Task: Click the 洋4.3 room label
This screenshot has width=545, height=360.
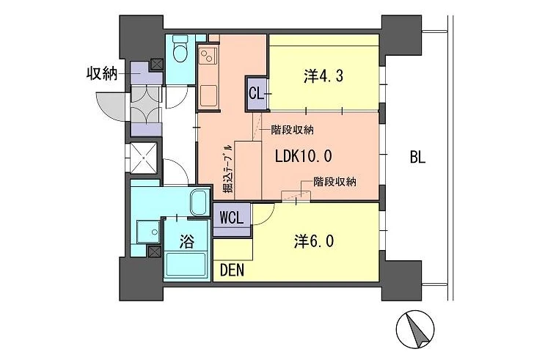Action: tap(323, 76)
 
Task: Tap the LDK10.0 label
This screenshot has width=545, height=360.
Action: tap(304, 156)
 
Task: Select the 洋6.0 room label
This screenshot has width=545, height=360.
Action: tap(314, 241)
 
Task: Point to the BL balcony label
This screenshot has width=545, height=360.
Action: tap(417, 158)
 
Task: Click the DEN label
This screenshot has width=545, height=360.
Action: tap(233, 270)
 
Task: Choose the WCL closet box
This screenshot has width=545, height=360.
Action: tap(231, 220)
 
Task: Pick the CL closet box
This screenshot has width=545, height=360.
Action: tap(256, 93)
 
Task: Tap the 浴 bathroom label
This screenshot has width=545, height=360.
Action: tap(186, 240)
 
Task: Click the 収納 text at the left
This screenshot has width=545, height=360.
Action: tap(102, 73)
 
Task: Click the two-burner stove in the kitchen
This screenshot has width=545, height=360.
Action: tap(208, 56)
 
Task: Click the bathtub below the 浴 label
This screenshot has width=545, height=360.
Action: tap(186, 265)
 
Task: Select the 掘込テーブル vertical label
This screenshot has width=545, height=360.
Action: tap(227, 169)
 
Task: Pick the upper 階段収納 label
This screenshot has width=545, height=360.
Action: tap(293, 130)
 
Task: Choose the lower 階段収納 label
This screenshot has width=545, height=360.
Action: tap(334, 181)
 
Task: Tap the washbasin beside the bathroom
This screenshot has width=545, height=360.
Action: tap(149, 232)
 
